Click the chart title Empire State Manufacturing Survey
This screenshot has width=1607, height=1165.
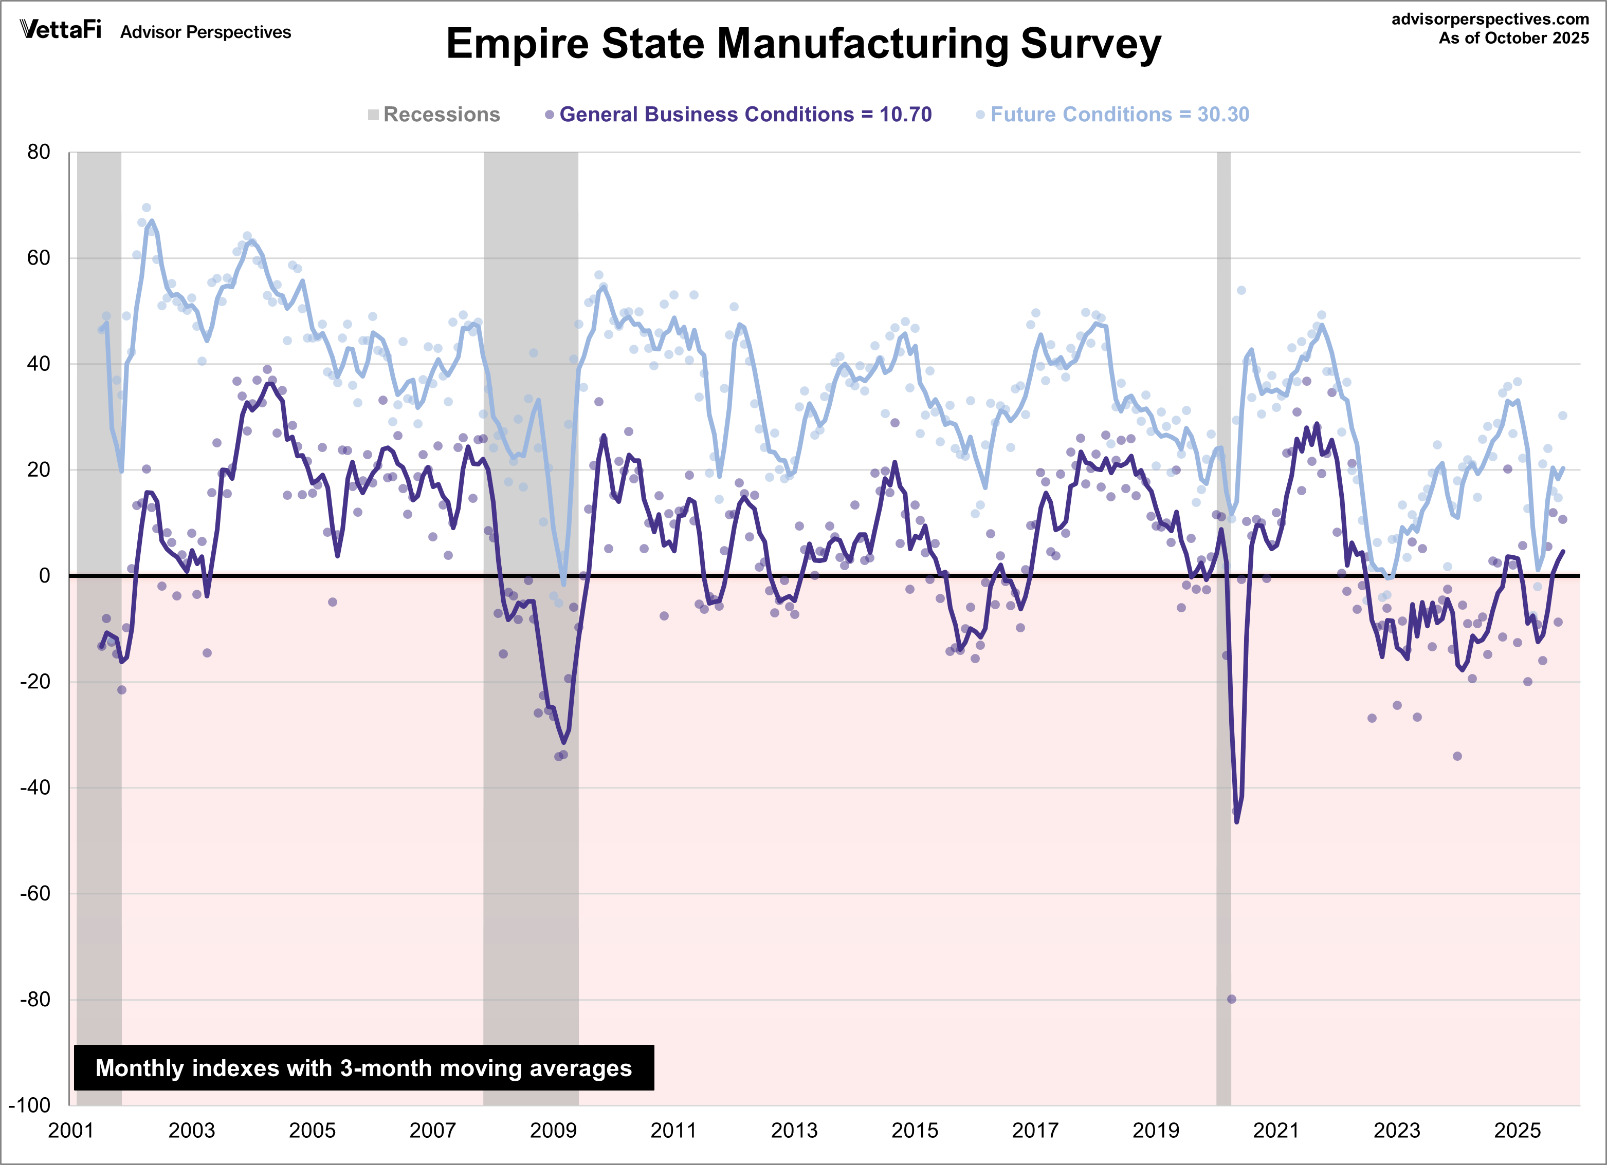coord(803,44)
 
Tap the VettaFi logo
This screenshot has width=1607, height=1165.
coord(61,30)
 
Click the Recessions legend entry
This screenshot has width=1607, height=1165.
coord(434,115)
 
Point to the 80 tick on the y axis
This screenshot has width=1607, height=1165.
coord(39,152)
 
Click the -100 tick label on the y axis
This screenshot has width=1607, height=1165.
coord(30,1105)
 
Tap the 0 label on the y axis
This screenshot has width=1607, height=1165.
coord(45,576)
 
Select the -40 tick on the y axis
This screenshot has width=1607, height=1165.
coord(35,787)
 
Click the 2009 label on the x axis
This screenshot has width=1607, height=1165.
coord(553,1130)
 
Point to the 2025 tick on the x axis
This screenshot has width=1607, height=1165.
coord(1517,1130)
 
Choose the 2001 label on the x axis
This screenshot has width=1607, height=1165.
coord(71,1130)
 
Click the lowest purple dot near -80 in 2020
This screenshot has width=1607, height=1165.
coord(1231,999)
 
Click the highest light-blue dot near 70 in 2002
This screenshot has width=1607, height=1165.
coord(147,208)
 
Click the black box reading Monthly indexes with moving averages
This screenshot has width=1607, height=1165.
coord(363,1068)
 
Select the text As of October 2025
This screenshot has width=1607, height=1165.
coord(1513,38)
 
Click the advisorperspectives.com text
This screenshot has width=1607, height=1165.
coord(1490,19)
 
